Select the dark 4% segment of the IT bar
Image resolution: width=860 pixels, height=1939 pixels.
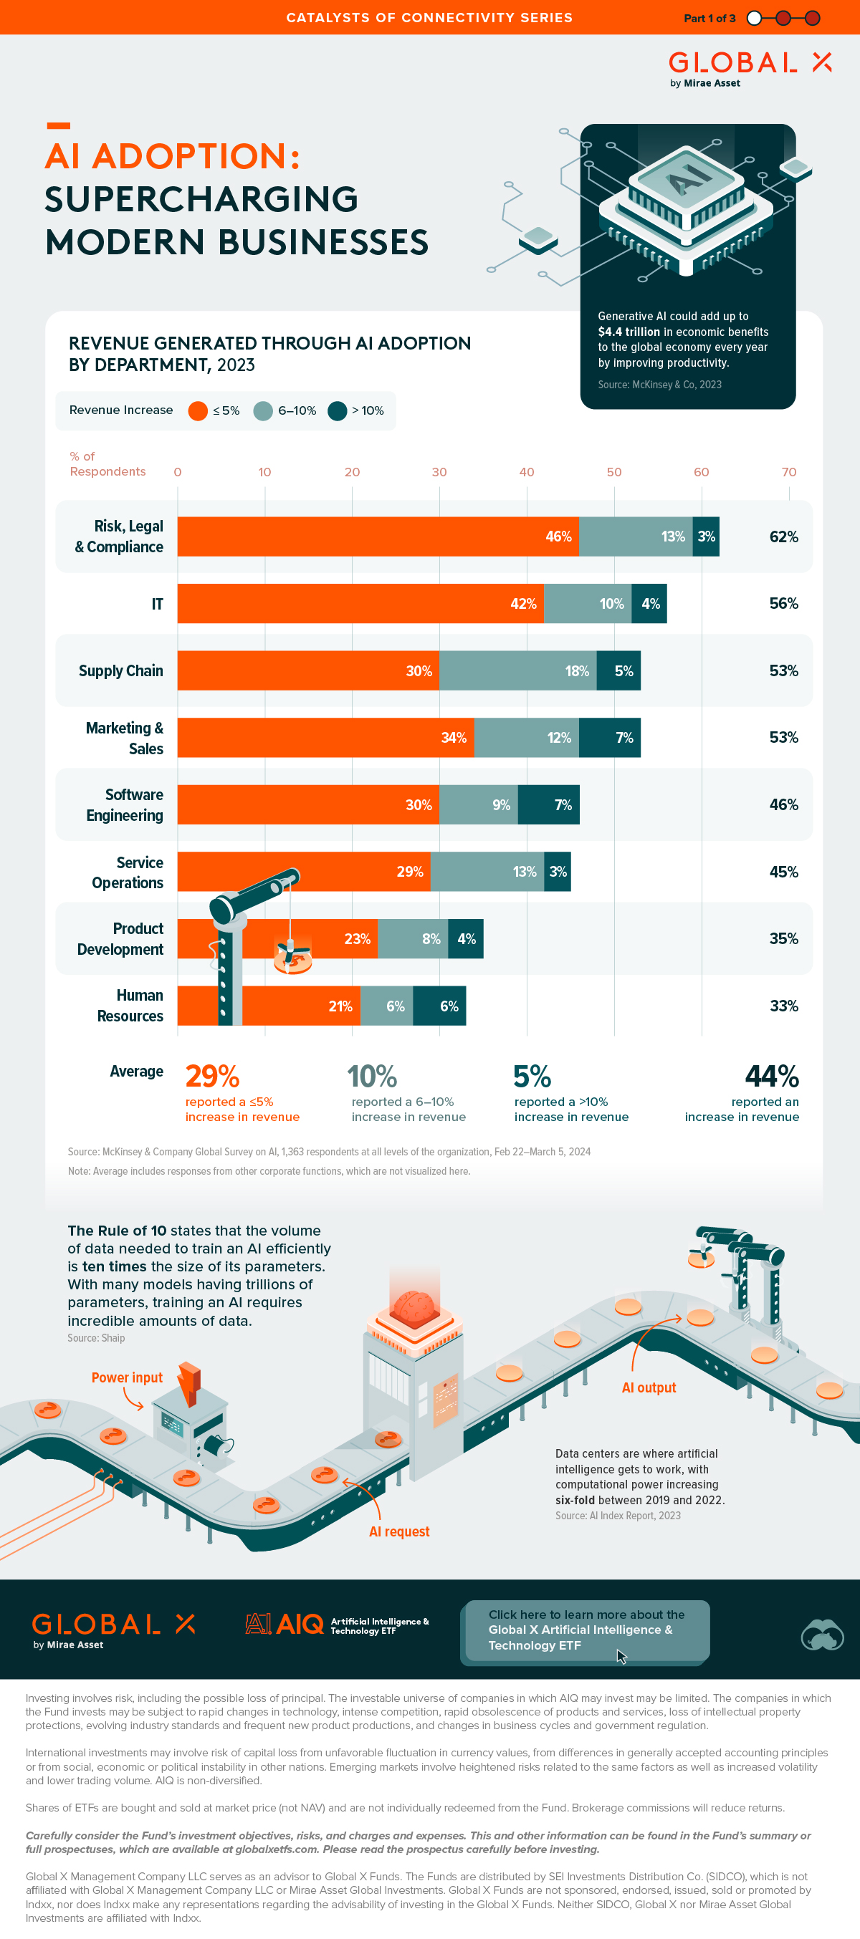tap(649, 604)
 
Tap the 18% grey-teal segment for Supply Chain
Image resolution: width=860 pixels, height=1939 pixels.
tap(518, 670)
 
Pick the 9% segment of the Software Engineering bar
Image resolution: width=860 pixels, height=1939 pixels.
tap(479, 804)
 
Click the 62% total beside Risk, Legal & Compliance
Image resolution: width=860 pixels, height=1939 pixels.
tap(783, 537)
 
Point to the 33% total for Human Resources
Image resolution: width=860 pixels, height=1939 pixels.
tap(783, 1006)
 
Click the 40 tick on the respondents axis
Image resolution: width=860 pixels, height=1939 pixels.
tap(527, 472)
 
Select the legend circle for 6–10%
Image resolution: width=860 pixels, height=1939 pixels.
tap(263, 411)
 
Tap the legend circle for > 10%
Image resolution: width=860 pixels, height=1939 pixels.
tap(338, 411)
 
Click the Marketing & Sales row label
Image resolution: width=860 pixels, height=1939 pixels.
tap(125, 738)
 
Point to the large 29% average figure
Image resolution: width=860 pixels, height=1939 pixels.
tap(212, 1077)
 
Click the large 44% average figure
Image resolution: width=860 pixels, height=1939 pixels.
tap(771, 1077)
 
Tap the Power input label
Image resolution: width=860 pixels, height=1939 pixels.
tap(127, 1377)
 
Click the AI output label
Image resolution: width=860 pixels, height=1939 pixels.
tap(649, 1387)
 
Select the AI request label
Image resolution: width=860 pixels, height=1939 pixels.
tap(399, 1531)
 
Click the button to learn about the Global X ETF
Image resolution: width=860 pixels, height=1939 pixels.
tap(586, 1630)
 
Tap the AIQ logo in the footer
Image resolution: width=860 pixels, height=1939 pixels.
tap(285, 1625)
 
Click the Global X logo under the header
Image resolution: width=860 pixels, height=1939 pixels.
tap(750, 68)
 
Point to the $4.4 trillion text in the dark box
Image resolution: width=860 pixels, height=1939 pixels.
tap(629, 332)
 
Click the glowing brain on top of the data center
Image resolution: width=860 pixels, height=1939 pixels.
tap(414, 1308)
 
